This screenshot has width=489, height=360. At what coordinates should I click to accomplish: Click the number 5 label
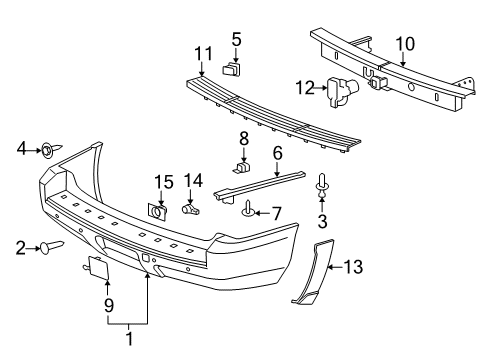[236, 39]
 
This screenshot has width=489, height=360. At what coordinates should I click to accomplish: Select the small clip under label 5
[234, 71]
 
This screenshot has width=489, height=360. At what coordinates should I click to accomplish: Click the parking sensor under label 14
[192, 209]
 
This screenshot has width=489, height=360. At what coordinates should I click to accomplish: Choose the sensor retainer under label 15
[158, 211]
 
